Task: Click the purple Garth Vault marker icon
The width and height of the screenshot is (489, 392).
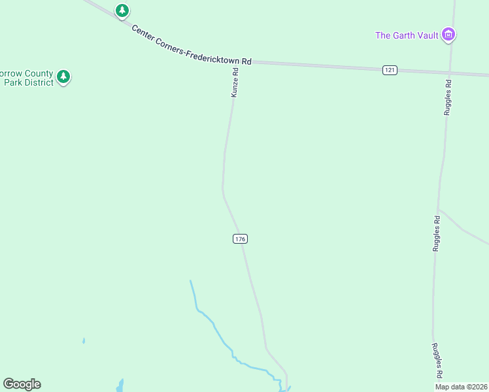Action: click(x=448, y=35)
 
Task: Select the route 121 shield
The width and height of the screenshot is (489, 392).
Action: click(x=390, y=70)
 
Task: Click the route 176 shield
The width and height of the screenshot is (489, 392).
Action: click(x=240, y=239)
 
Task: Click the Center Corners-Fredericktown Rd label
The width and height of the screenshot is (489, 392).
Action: click(x=192, y=45)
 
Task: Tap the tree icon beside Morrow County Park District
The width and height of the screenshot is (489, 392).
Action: click(x=63, y=77)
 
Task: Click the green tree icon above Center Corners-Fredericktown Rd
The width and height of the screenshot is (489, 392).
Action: click(x=122, y=10)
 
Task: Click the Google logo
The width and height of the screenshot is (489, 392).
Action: click(x=22, y=384)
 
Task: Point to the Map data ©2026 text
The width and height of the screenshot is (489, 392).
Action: click(x=461, y=387)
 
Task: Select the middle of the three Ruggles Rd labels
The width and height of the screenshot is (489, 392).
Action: click(x=436, y=234)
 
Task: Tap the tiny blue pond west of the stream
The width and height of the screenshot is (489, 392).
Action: click(x=84, y=340)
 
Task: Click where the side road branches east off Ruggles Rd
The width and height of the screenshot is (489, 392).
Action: click(x=439, y=210)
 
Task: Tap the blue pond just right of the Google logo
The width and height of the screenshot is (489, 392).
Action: click(x=120, y=385)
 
